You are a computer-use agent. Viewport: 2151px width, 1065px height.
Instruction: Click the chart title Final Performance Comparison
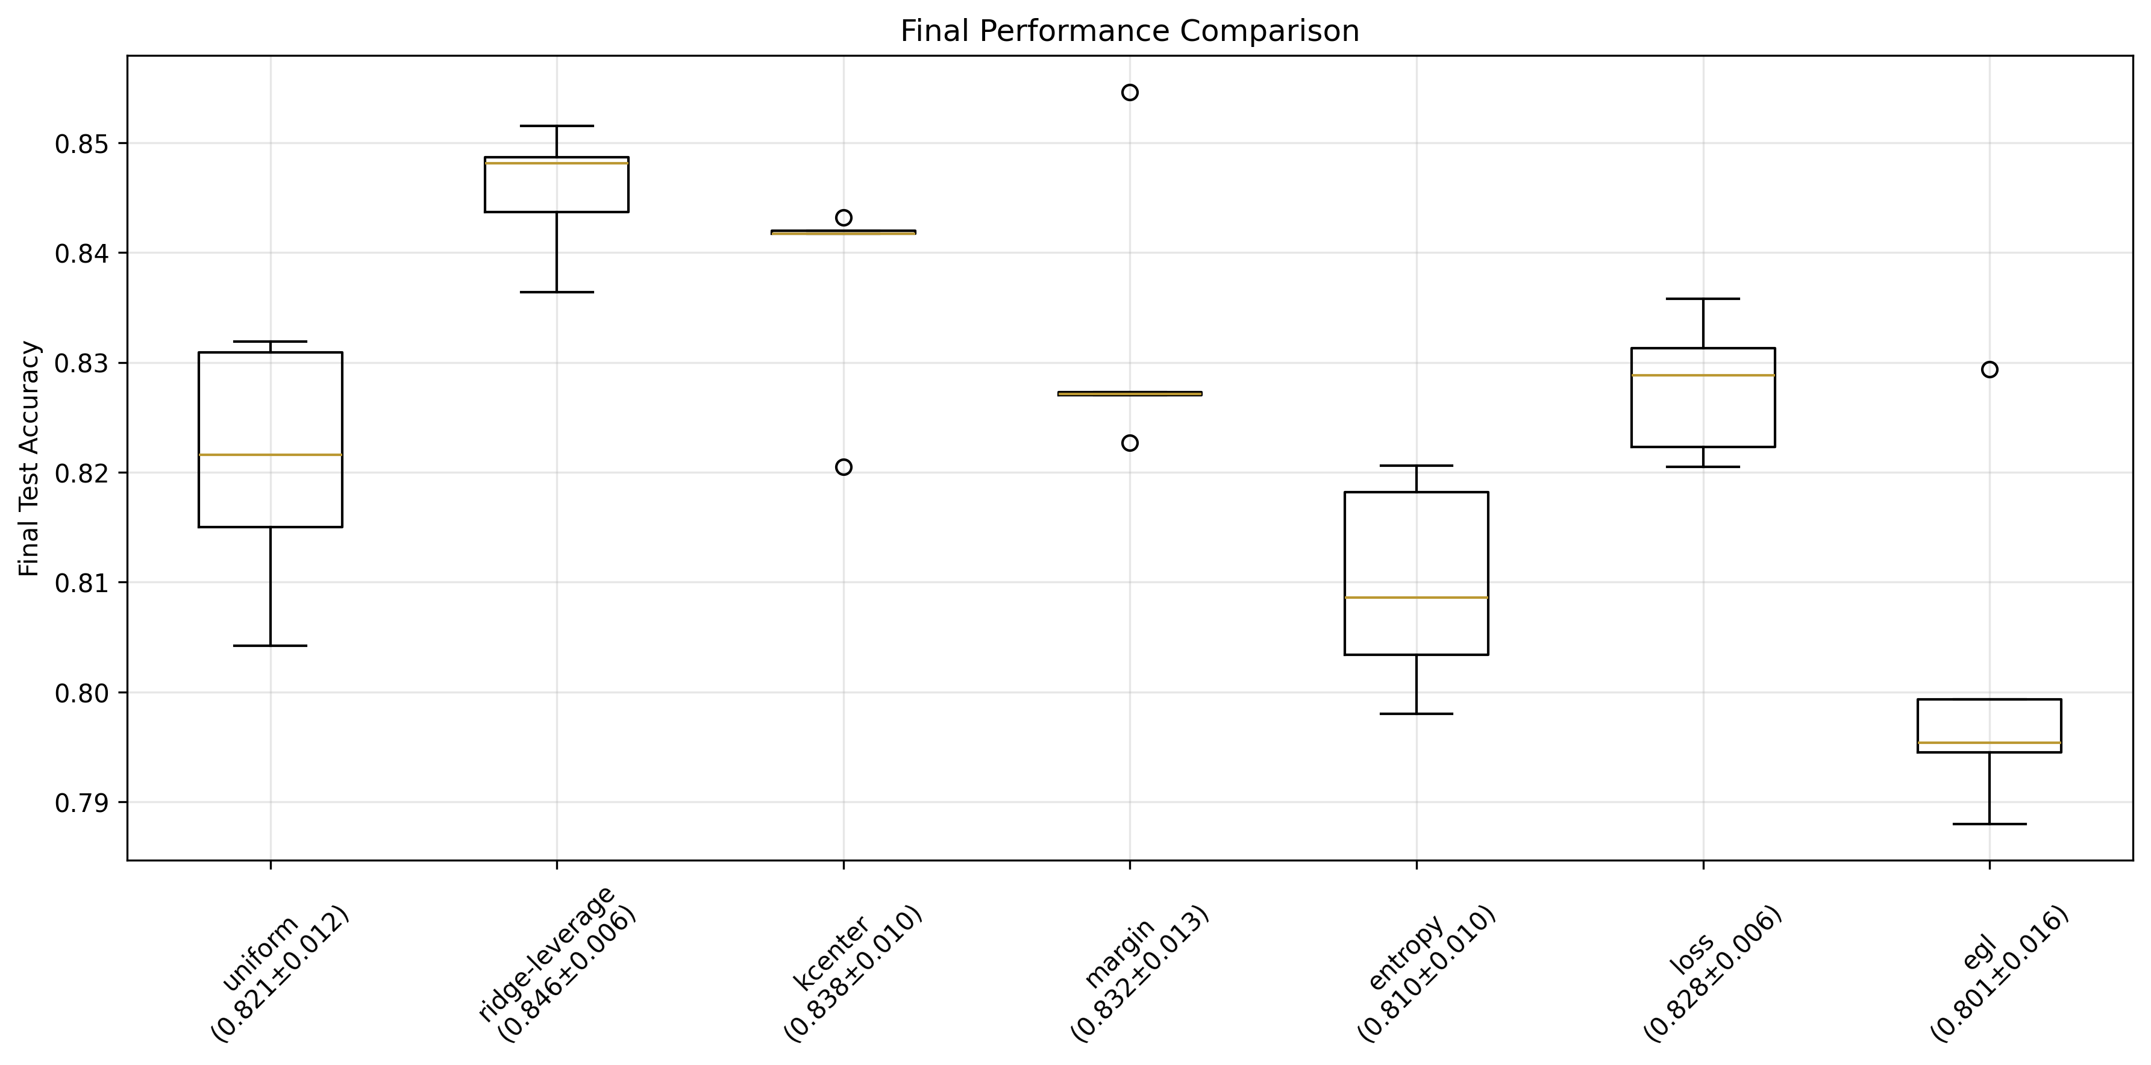(x=1129, y=31)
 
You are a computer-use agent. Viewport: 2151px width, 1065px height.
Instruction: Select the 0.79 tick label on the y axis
(x=82, y=803)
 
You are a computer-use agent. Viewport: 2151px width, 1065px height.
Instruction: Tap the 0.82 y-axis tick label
(x=82, y=473)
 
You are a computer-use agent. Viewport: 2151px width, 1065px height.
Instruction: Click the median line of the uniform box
(x=270, y=455)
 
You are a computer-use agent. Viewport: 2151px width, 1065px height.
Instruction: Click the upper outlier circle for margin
(x=1130, y=92)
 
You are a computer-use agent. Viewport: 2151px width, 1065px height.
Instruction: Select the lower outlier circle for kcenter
(x=844, y=467)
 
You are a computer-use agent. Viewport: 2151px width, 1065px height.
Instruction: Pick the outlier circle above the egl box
(x=1990, y=370)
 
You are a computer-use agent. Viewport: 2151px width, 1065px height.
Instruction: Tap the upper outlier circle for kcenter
(x=844, y=218)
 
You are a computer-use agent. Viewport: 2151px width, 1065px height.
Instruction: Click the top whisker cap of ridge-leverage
(x=556, y=126)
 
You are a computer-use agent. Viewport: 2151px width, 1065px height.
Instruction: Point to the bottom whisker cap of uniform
(x=270, y=645)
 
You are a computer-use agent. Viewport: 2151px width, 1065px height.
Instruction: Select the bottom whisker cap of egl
(x=1990, y=824)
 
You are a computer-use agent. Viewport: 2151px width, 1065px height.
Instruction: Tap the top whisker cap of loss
(x=1703, y=299)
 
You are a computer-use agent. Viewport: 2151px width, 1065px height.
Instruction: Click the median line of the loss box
(x=1703, y=376)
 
